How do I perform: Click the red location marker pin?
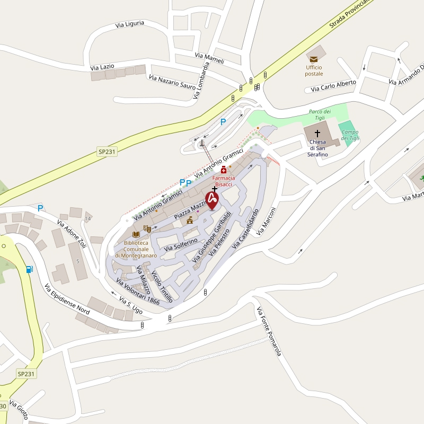click(x=212, y=200)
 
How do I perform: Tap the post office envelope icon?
click(x=314, y=58)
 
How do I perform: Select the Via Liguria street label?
click(x=130, y=24)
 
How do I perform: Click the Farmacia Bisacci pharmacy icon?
click(x=224, y=170)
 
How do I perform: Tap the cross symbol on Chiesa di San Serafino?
click(x=318, y=134)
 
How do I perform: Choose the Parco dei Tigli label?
click(x=320, y=114)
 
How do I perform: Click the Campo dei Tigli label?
click(x=350, y=135)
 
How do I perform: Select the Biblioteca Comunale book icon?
click(x=136, y=234)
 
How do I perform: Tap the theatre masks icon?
click(x=148, y=228)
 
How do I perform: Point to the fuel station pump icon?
click(x=29, y=269)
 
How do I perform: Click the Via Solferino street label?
click(x=181, y=244)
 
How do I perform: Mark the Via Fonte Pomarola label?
click(x=269, y=331)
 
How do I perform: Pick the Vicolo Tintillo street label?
click(x=162, y=287)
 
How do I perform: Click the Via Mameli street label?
click(x=209, y=58)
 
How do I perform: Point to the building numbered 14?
click(x=88, y=218)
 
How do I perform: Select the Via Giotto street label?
click(x=18, y=410)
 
